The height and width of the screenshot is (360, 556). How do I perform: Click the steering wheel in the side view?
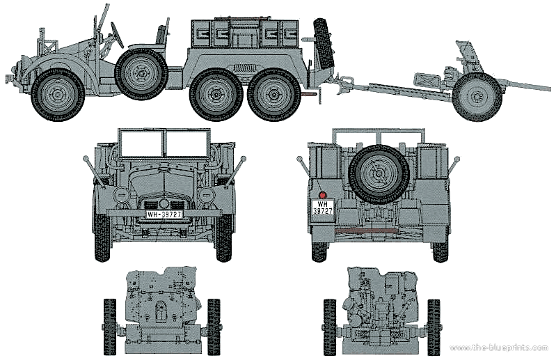[x=118, y=35]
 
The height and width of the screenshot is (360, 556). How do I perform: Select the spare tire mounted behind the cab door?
[x=141, y=74]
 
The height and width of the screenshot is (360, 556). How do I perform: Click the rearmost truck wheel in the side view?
[x=273, y=94]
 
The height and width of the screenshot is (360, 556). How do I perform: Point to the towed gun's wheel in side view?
[x=477, y=96]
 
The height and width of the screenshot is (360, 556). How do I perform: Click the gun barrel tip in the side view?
[x=550, y=88]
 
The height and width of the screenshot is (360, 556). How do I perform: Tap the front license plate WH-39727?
[x=164, y=214]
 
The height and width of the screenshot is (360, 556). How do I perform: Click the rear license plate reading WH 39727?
[x=323, y=208]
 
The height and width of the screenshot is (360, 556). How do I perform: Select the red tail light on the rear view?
[x=322, y=195]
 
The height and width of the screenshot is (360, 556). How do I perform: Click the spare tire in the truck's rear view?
[x=379, y=174]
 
